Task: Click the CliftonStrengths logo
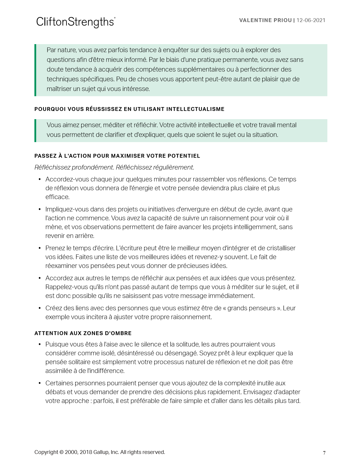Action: [76, 22]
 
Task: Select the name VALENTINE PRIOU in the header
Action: [265, 20]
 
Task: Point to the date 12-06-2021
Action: [311, 20]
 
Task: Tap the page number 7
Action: [324, 453]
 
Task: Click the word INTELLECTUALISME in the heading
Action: [195, 109]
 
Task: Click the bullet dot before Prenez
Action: [40, 248]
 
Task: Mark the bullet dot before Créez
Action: [40, 308]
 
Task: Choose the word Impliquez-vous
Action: [63, 209]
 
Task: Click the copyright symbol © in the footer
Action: [61, 452]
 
